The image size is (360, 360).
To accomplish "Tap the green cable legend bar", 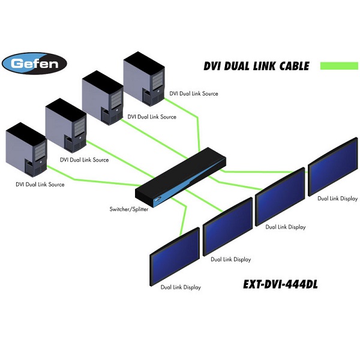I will (338, 65).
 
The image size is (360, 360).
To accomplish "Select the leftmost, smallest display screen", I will (174, 255).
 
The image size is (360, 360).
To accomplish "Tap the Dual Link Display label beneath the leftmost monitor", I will (181, 287).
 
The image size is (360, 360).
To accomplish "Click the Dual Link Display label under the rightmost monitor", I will (337, 198).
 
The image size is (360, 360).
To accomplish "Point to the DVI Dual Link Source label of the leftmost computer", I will (40, 184).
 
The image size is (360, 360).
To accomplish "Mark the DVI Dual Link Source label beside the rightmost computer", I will (193, 94).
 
